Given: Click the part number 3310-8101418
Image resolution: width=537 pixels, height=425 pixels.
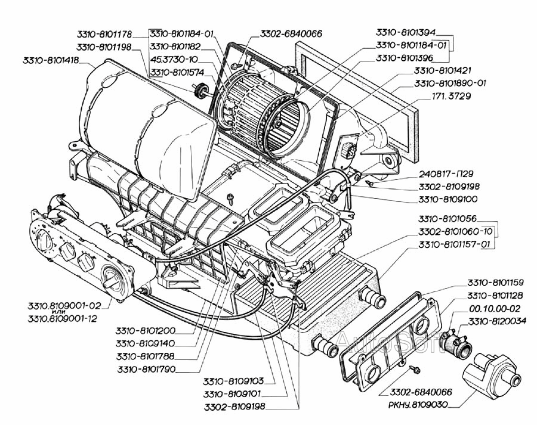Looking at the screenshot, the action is click(51, 61).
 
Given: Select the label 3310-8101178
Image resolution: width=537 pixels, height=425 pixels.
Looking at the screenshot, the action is click(104, 34).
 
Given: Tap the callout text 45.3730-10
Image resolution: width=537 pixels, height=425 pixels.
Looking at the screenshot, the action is click(174, 60).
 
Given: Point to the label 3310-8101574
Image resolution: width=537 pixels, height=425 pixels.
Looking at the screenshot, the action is click(177, 73).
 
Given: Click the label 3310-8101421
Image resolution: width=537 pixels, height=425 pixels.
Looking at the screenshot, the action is click(443, 70).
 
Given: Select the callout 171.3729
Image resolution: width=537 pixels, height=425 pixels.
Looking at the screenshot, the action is click(450, 97).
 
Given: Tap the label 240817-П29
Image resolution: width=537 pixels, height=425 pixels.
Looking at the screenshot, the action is click(446, 174).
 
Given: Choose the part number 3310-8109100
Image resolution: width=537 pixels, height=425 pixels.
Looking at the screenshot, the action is click(447, 199).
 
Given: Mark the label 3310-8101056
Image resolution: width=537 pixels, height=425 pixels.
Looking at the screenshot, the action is click(447, 219).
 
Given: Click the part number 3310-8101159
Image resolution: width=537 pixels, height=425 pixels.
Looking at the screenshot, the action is click(495, 283).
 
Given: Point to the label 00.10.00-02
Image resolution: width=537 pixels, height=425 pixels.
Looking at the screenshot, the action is click(494, 309).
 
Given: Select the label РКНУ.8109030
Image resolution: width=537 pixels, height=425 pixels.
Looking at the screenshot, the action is click(418, 405).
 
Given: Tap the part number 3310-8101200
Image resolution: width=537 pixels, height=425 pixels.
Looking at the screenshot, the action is click(145, 331).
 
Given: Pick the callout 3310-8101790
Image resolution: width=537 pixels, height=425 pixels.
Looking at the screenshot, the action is click(146, 370).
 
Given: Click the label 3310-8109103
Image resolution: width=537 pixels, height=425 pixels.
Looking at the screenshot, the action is click(233, 381).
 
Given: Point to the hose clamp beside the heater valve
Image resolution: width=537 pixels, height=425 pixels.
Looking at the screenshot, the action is click(453, 340).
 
